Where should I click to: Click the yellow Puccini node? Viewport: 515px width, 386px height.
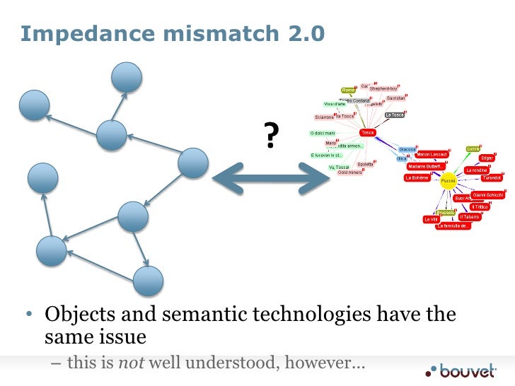(449, 182)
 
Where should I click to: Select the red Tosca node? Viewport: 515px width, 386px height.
(367, 132)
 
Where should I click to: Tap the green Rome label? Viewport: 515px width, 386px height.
(348, 90)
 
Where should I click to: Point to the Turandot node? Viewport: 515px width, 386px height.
(491, 178)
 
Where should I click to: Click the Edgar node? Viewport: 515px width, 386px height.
(487, 158)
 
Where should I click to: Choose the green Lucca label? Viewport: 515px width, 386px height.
(473, 148)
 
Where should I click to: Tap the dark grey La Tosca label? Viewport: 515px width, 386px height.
(394, 115)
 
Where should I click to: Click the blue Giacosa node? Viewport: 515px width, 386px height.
(407, 149)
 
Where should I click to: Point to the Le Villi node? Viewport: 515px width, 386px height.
(431, 219)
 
